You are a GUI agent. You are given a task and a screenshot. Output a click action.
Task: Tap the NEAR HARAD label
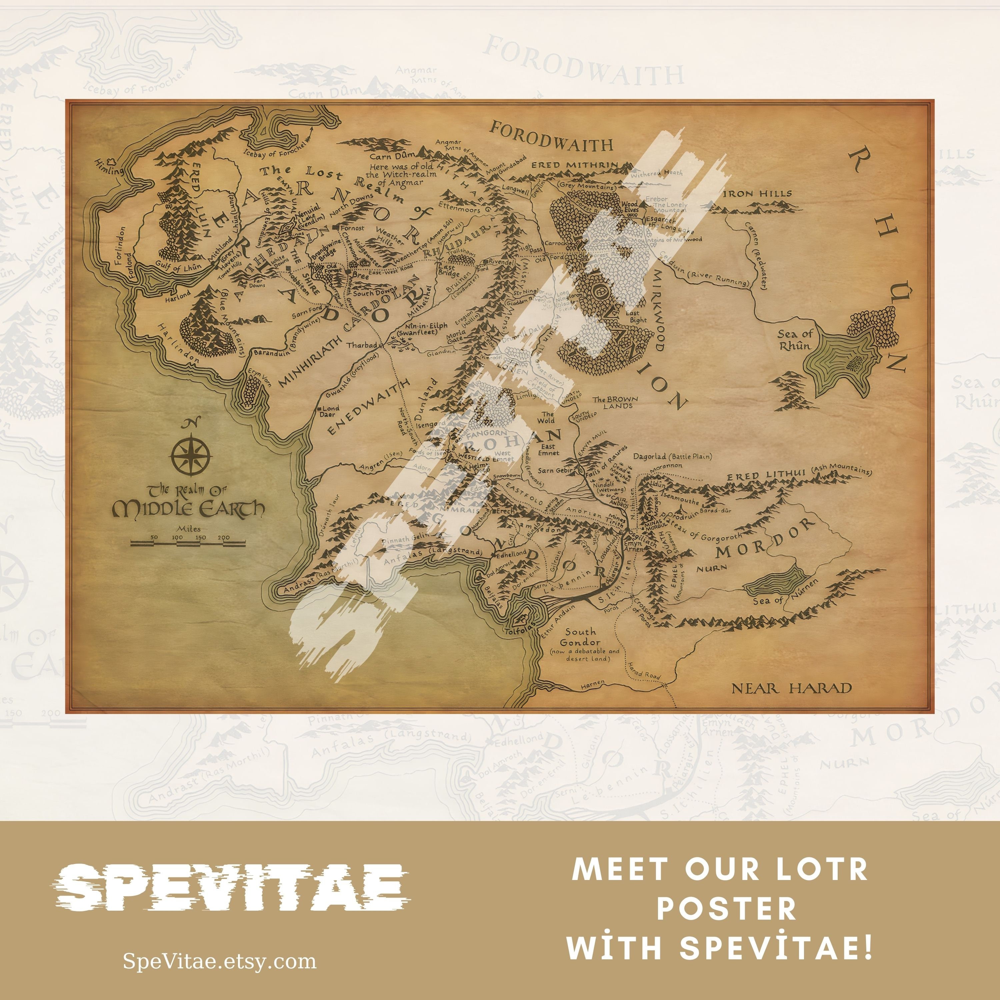[791, 688]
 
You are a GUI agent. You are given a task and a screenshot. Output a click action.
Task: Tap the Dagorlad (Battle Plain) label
[672, 457]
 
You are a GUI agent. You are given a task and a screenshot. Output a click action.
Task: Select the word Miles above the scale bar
[188, 528]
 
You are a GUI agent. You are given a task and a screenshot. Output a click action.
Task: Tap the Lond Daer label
[329, 411]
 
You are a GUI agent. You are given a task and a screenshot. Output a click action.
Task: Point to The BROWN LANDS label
[615, 402]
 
